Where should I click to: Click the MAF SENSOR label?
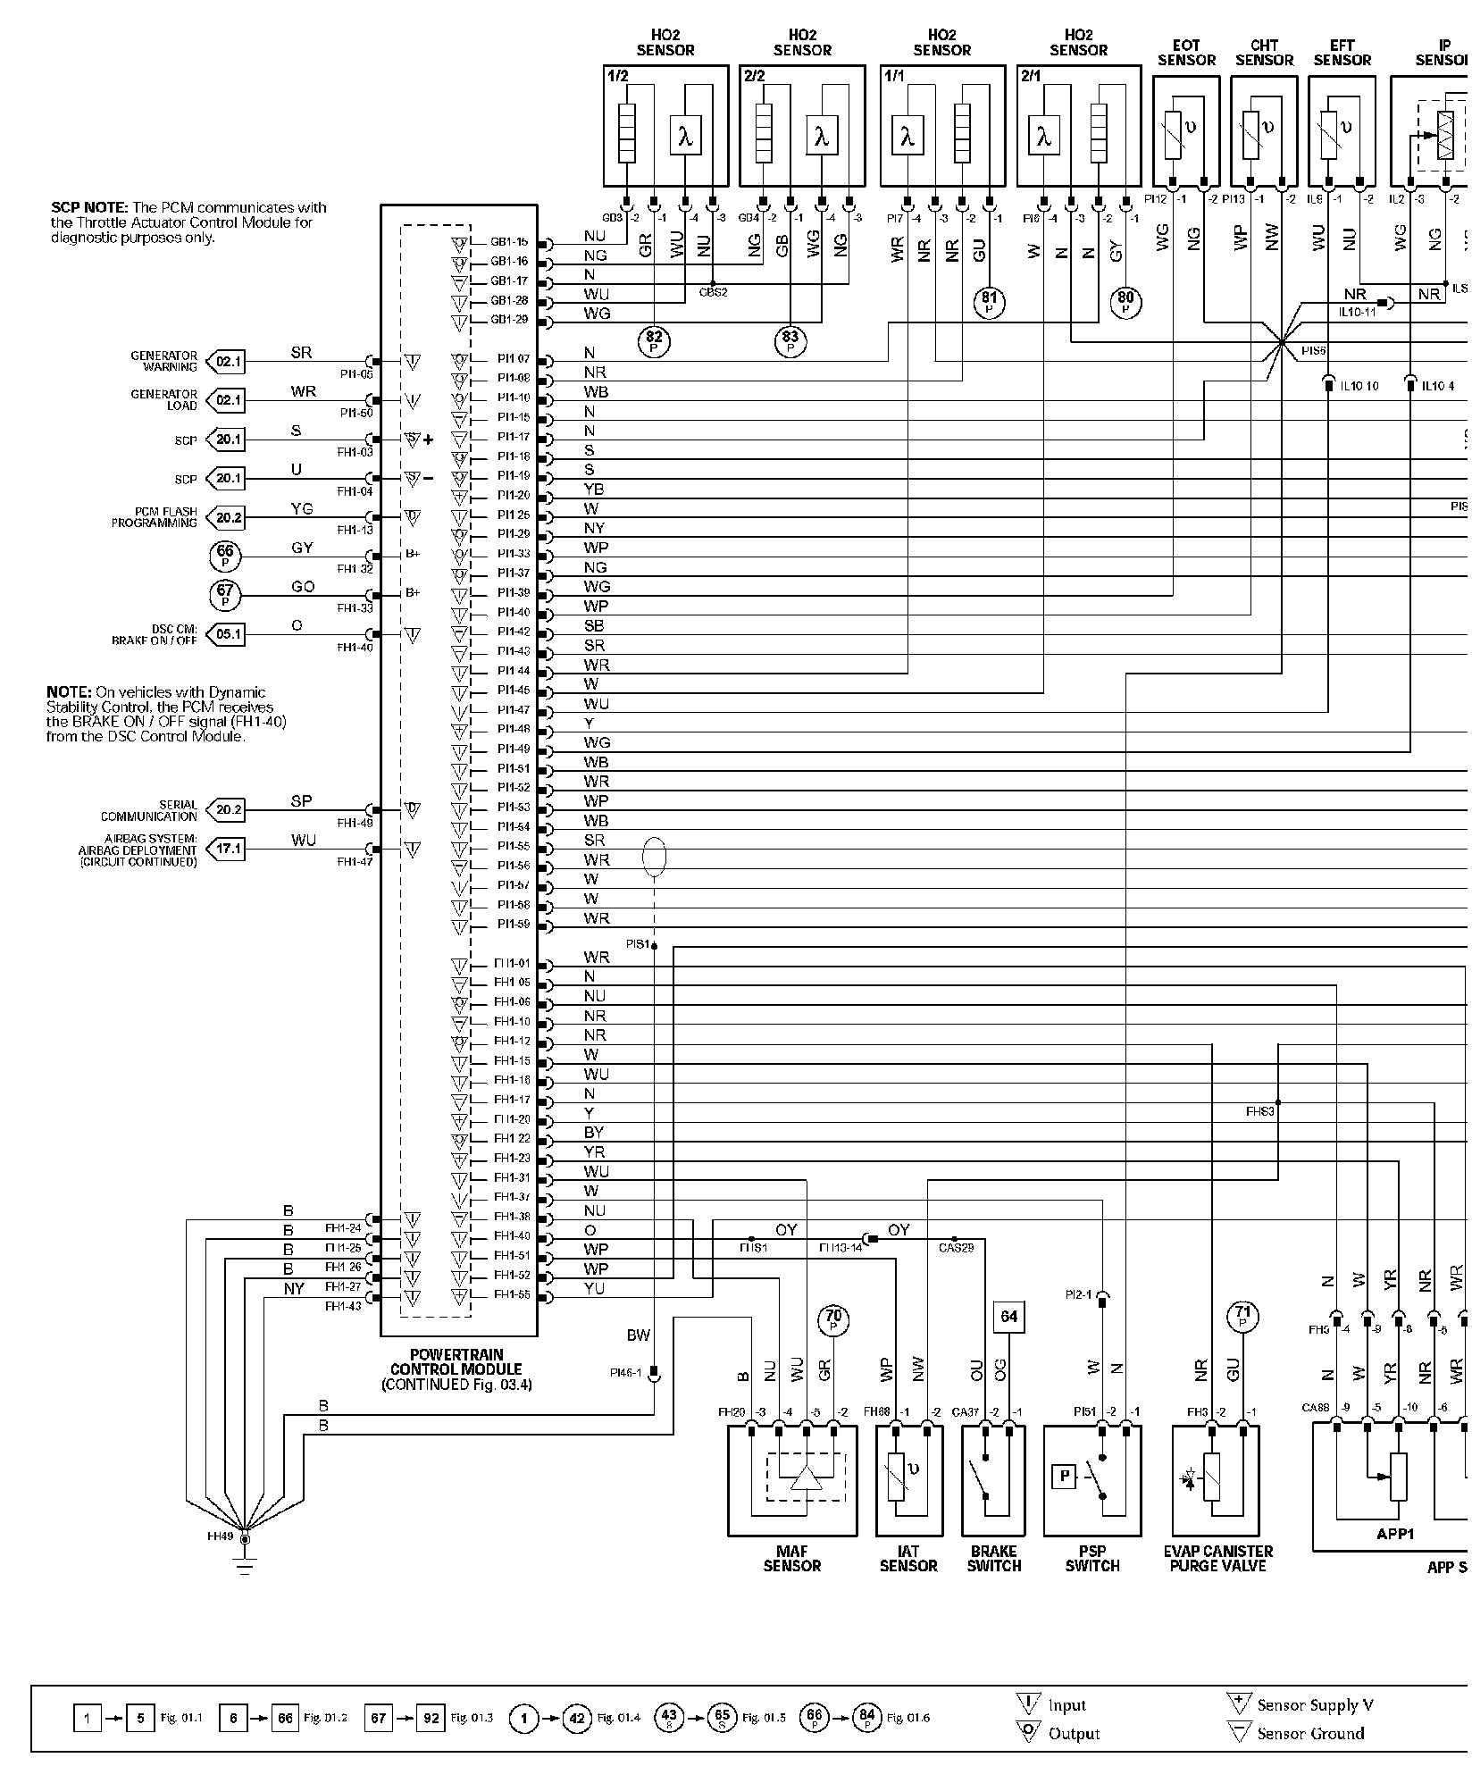791,1558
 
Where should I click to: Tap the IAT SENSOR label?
908,1558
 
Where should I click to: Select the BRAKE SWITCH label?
993,1558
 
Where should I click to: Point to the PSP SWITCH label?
1091,1558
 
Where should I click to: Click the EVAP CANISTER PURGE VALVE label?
1217,1558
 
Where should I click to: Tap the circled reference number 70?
833,1318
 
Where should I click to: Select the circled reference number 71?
1243,1316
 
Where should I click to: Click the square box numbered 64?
1008,1316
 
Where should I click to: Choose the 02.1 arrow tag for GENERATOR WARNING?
227,362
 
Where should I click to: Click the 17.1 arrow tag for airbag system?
227,849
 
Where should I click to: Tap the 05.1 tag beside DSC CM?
227,634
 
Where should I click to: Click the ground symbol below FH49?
245,1565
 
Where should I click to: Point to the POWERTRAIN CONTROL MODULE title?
456,1369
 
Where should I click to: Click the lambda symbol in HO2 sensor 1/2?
685,138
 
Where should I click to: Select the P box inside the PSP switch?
1065,1477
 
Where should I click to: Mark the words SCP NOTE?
90,208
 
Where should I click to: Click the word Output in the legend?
1074,1734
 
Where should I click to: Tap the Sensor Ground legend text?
1310,1734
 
